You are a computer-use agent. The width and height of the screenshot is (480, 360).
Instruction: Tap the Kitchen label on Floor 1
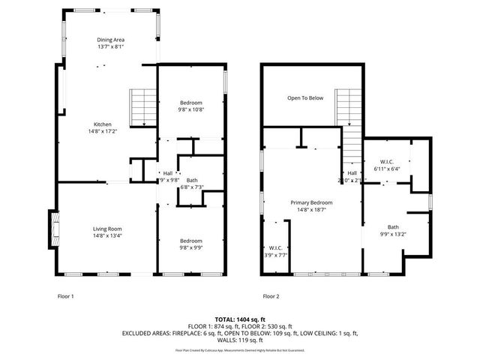pyautogui.click(x=102, y=124)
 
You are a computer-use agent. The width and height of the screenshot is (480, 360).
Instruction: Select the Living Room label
pyautogui.click(x=107, y=229)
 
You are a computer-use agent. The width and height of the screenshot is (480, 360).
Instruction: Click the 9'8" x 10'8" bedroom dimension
pyautogui.click(x=191, y=109)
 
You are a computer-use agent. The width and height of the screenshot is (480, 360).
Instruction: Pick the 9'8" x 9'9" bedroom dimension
pyautogui.click(x=190, y=247)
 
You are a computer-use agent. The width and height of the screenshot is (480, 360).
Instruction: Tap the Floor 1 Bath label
pyautogui.click(x=192, y=180)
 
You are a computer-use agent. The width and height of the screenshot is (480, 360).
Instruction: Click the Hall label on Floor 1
pyautogui.click(x=167, y=173)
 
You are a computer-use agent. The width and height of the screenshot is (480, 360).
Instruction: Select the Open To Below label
pyautogui.click(x=305, y=98)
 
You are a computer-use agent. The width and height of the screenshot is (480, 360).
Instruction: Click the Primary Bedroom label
pyautogui.click(x=311, y=202)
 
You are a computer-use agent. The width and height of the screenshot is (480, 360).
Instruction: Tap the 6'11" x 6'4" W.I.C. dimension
pyautogui.click(x=387, y=169)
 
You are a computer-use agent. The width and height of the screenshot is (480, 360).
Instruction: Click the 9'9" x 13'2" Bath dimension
pyautogui.click(x=393, y=233)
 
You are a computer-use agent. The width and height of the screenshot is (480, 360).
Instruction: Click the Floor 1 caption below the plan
pyautogui.click(x=66, y=296)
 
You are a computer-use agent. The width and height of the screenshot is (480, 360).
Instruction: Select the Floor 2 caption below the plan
pyautogui.click(x=270, y=296)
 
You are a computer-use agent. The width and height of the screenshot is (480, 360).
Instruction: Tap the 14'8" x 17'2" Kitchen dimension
pyautogui.click(x=102, y=131)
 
